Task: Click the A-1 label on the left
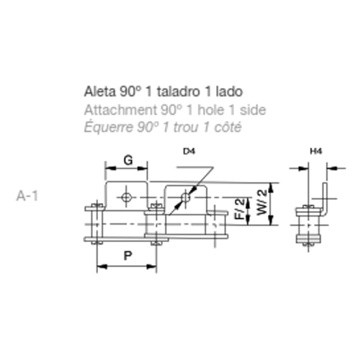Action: [x=27, y=196]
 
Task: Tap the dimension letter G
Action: [x=128, y=160]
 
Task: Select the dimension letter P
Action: [x=127, y=256]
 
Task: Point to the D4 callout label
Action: [x=189, y=151]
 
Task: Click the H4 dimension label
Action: [x=316, y=151]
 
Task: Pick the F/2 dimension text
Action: [x=239, y=209]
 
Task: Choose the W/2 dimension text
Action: [x=261, y=202]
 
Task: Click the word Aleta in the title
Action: [x=100, y=91]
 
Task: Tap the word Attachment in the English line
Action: [x=120, y=110]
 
